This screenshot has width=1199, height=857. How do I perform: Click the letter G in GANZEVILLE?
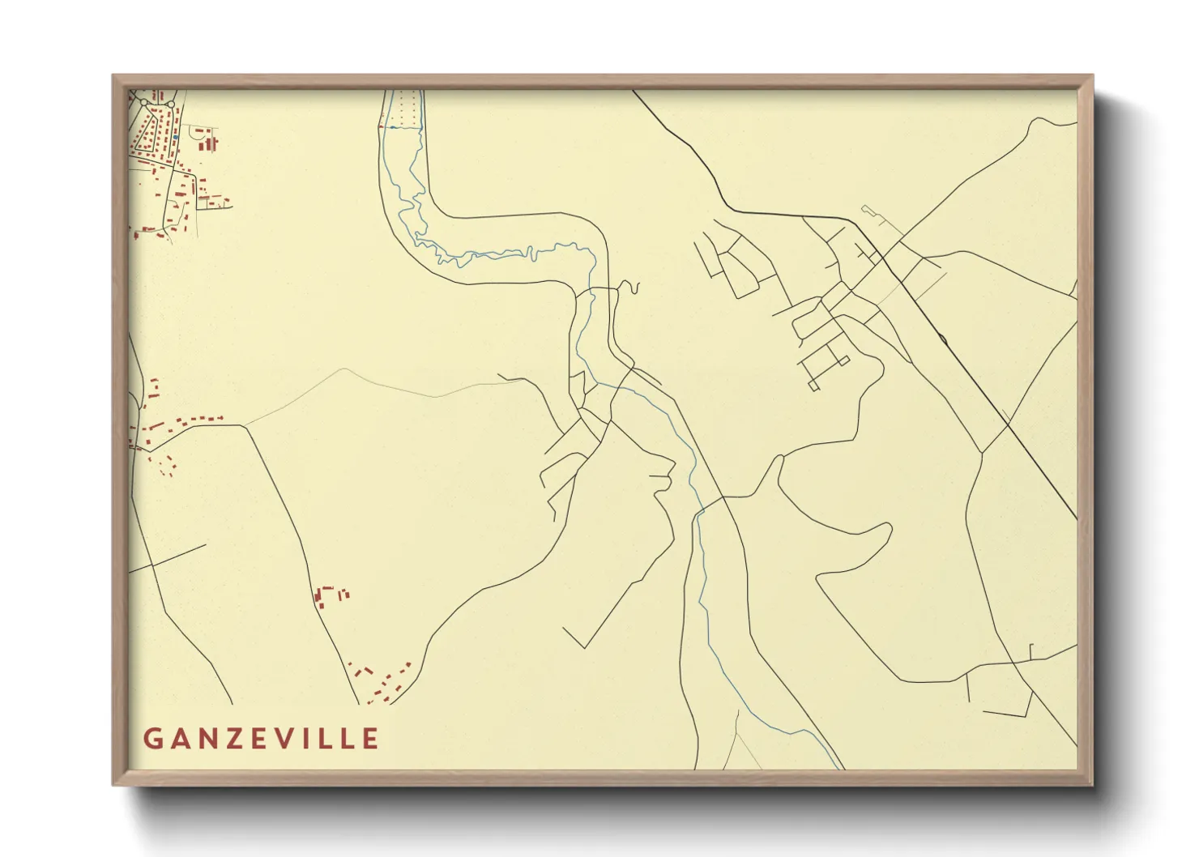[153, 739]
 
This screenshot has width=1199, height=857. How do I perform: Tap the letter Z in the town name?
[232, 739]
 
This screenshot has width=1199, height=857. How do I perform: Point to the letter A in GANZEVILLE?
[179, 739]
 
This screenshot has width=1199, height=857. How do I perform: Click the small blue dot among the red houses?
[173, 139]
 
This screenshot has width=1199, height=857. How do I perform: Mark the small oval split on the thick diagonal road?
[943, 338]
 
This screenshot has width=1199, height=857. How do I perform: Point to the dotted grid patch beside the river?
[407, 108]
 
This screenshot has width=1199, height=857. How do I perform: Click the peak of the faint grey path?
[346, 369]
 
